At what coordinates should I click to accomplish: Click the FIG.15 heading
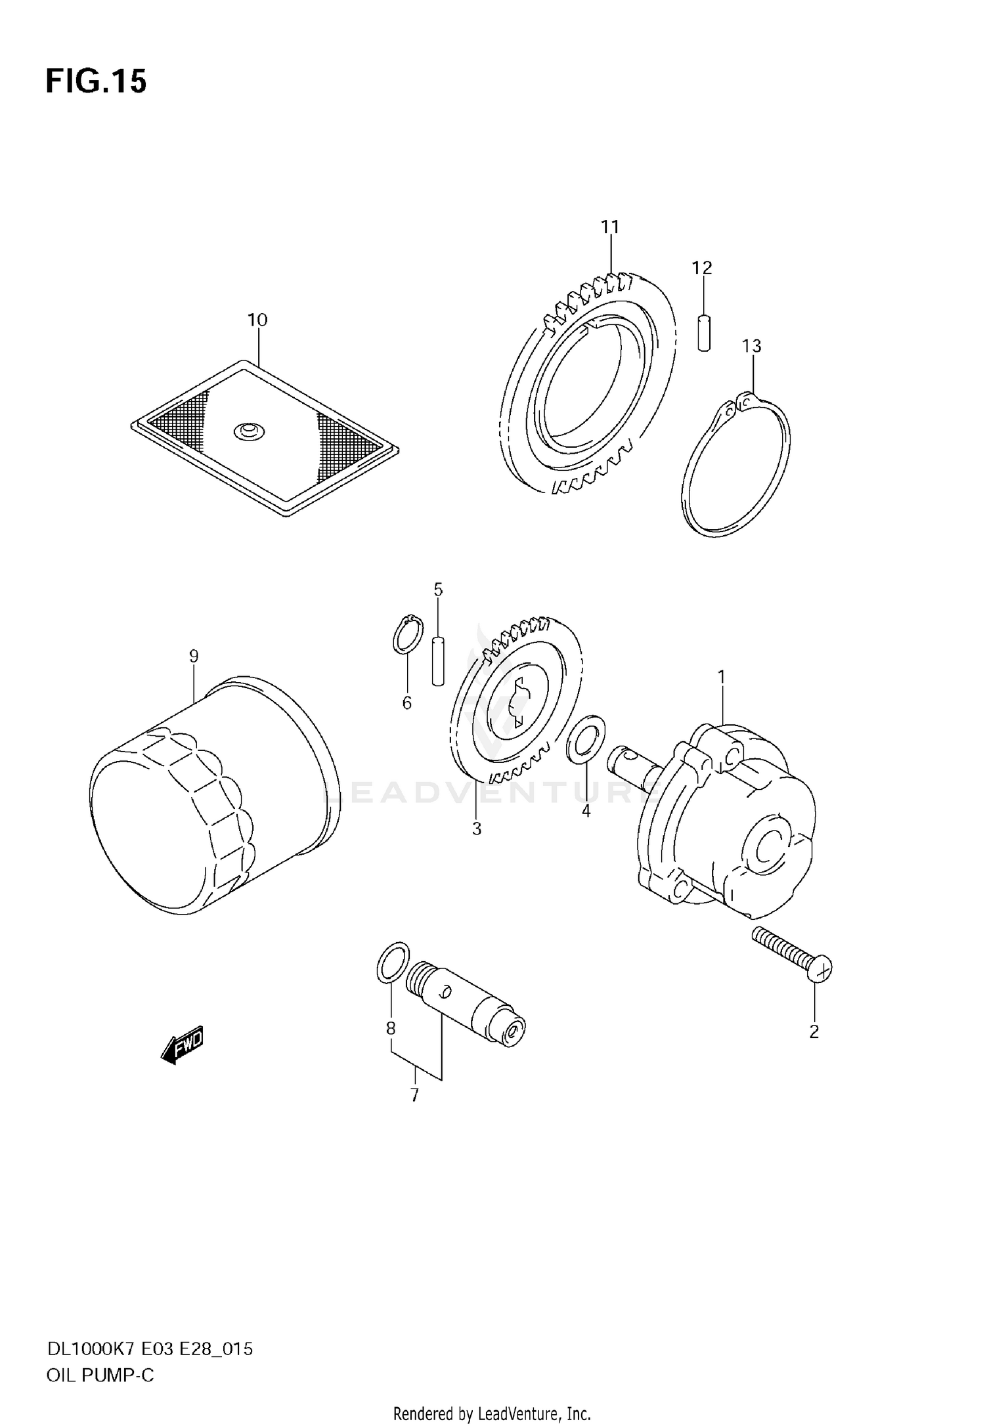(96, 82)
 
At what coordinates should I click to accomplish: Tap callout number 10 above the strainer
(257, 320)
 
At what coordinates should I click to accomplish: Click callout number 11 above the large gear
(610, 227)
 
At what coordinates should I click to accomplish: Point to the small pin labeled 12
(703, 333)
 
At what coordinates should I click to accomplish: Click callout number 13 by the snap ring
(751, 345)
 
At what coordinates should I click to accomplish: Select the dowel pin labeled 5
(439, 660)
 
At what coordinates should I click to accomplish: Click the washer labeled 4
(586, 740)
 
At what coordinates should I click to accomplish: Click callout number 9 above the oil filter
(194, 656)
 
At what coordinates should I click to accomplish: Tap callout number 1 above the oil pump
(721, 676)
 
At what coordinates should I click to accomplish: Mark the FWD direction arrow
(184, 1045)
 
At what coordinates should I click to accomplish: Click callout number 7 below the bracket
(414, 1095)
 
